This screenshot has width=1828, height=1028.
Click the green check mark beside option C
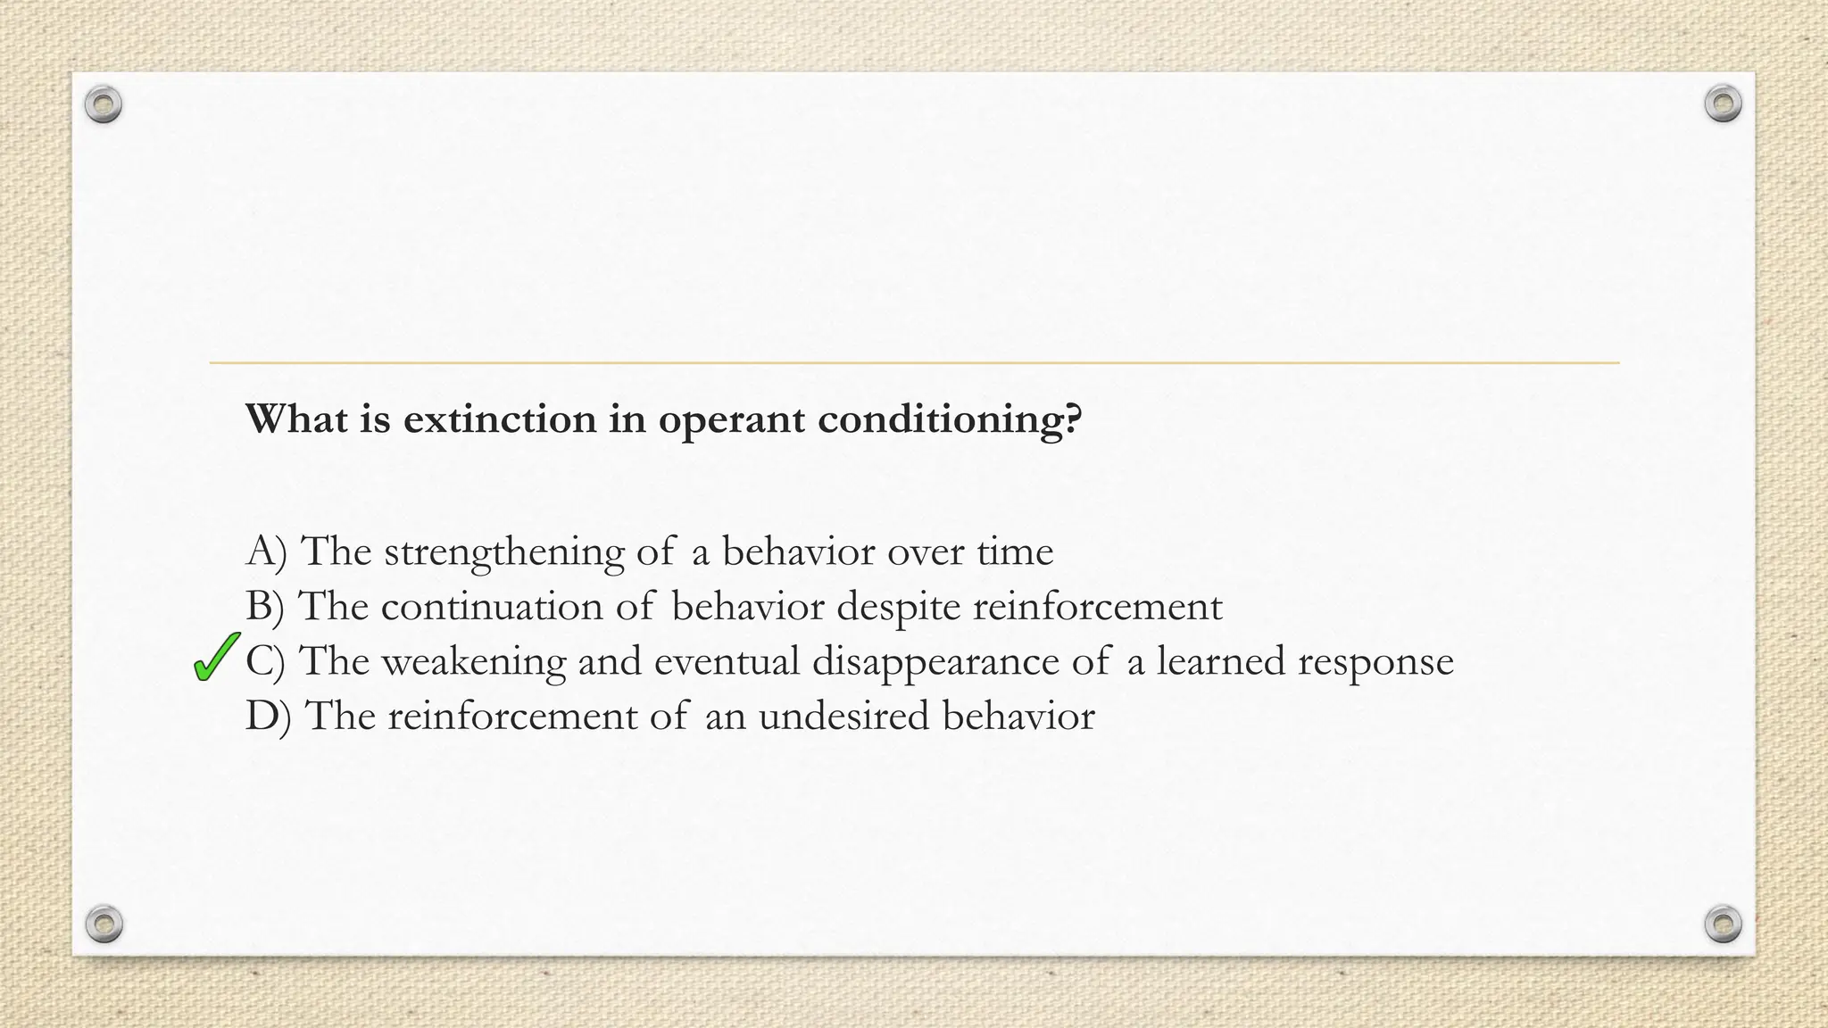pos(216,657)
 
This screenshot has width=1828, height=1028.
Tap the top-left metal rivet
pos(104,105)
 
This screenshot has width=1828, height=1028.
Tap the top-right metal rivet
pos(1723,104)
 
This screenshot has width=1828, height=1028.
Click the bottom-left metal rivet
pos(104,923)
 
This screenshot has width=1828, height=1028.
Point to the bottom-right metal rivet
pos(1723,923)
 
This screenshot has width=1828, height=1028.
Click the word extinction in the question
pos(499,419)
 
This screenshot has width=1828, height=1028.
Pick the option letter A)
pos(266,551)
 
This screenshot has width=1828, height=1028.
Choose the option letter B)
pos(264,607)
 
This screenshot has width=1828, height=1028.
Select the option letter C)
pos(265,661)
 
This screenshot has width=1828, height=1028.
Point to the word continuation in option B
pos(492,607)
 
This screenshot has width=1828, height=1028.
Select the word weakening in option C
pos(473,662)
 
